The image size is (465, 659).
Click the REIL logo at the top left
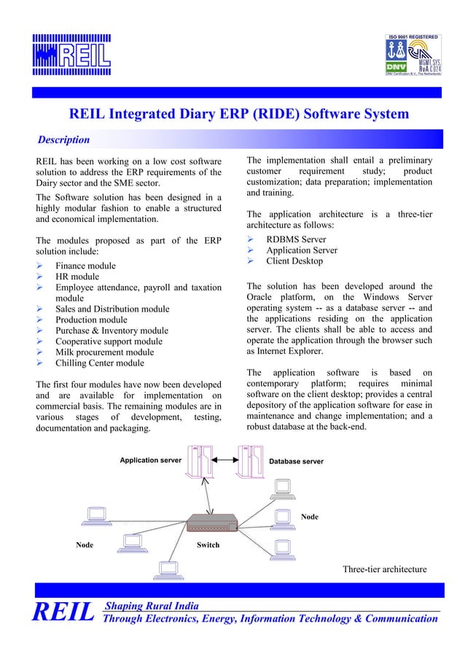coord(71,54)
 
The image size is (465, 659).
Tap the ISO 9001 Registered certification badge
coord(413,55)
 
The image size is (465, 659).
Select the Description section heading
coord(63,139)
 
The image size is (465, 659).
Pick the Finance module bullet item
coord(85,266)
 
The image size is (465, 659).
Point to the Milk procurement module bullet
coord(104,352)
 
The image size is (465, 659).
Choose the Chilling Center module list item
coord(100,363)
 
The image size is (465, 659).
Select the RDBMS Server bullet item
coord(296,239)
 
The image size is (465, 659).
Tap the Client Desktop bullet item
coord(294,261)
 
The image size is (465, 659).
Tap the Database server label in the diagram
coord(296,461)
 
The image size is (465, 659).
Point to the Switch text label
coord(208,545)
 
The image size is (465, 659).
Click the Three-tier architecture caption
coord(384,569)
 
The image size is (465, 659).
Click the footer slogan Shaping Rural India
coord(152,606)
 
